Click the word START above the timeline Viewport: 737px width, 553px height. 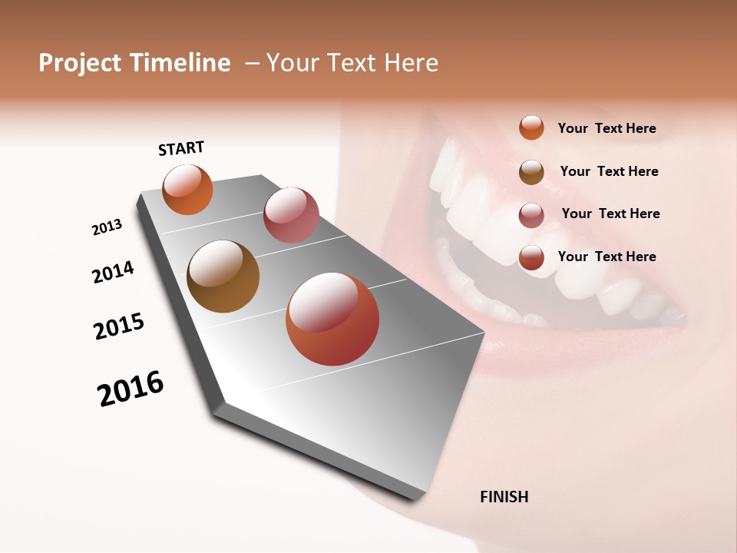(x=181, y=148)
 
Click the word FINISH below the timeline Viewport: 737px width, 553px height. (x=504, y=497)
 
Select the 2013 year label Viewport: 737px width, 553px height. (x=107, y=227)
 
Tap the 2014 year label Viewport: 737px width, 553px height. (x=113, y=272)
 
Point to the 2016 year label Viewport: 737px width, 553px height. (x=131, y=389)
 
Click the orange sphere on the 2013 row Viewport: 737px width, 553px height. (x=187, y=190)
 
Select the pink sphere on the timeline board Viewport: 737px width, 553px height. (x=291, y=215)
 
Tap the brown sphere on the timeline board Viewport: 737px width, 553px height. (x=223, y=276)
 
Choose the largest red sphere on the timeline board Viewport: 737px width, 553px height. (x=332, y=319)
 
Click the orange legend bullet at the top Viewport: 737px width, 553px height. (x=531, y=127)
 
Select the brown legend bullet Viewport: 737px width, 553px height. (x=531, y=172)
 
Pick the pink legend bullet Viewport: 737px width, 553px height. (x=531, y=215)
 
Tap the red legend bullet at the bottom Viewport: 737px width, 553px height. (x=531, y=258)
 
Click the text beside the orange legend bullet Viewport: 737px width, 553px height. (x=606, y=128)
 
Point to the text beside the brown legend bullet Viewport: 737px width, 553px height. (x=609, y=171)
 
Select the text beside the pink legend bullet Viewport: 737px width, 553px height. (x=610, y=214)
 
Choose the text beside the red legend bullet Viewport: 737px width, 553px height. (x=606, y=257)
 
